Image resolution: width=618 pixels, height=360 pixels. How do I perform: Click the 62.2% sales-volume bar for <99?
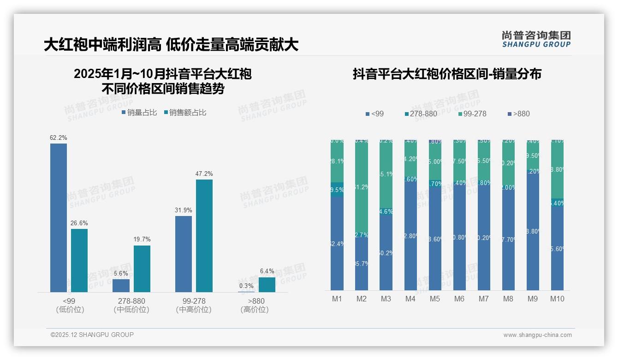(x=59, y=217)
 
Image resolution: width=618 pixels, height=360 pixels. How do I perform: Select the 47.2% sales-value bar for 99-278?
(x=204, y=235)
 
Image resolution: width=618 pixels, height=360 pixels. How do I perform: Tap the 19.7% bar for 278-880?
(x=142, y=269)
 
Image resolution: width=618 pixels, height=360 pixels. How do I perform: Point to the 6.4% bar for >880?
(x=267, y=284)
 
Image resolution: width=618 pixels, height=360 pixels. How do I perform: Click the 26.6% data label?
(x=79, y=223)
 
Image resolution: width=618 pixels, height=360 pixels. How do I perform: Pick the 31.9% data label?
(x=184, y=210)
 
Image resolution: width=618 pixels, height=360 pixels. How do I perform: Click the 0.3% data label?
(x=246, y=286)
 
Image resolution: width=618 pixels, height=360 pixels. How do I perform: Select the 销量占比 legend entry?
(x=139, y=113)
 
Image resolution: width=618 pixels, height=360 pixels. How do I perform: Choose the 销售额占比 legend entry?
(x=185, y=113)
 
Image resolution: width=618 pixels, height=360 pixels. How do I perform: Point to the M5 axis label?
(x=435, y=299)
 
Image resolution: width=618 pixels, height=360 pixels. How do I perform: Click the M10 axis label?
(x=557, y=299)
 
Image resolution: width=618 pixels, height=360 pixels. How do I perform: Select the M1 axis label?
(x=337, y=299)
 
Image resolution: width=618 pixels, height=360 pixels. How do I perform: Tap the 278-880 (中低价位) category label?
(x=131, y=305)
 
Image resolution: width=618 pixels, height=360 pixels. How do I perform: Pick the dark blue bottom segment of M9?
(x=533, y=231)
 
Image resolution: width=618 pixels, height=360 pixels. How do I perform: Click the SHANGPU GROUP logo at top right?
(x=536, y=39)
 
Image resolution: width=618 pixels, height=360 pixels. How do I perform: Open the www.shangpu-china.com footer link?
(x=537, y=335)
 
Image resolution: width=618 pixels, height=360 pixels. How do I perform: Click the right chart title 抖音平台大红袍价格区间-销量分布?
(x=447, y=74)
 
